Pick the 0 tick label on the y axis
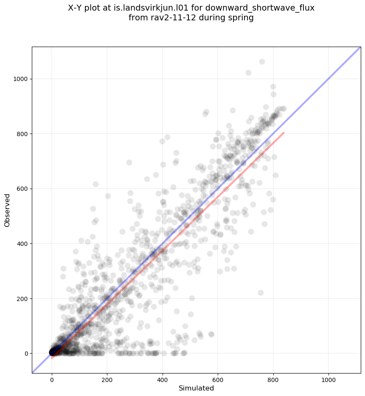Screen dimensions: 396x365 point(26,354)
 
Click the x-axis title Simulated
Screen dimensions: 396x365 point(196,388)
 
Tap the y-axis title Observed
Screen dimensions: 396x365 point(8,210)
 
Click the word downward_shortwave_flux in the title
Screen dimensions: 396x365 point(264,8)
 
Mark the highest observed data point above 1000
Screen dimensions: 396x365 point(262,62)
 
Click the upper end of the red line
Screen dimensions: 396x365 point(284,133)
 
